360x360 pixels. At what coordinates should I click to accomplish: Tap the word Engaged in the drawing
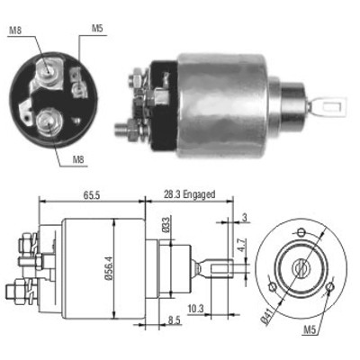[x=199, y=194]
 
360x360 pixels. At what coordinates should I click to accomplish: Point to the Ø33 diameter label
[x=166, y=225]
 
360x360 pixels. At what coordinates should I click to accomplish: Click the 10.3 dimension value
[x=195, y=308]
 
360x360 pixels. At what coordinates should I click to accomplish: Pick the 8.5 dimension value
[x=174, y=320]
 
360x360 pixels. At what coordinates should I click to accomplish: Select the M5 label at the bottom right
[x=310, y=330]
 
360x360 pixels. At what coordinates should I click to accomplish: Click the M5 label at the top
[x=97, y=29]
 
